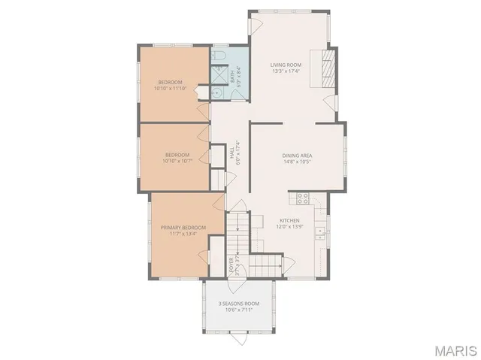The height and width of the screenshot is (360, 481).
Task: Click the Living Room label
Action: [x=286, y=65]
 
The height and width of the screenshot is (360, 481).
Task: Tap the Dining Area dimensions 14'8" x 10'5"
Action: [x=298, y=162]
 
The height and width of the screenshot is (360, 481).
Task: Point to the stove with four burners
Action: [x=303, y=198]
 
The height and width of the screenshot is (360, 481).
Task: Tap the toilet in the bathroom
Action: [x=219, y=56]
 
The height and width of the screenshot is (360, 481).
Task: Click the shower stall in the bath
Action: [x=218, y=75]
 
